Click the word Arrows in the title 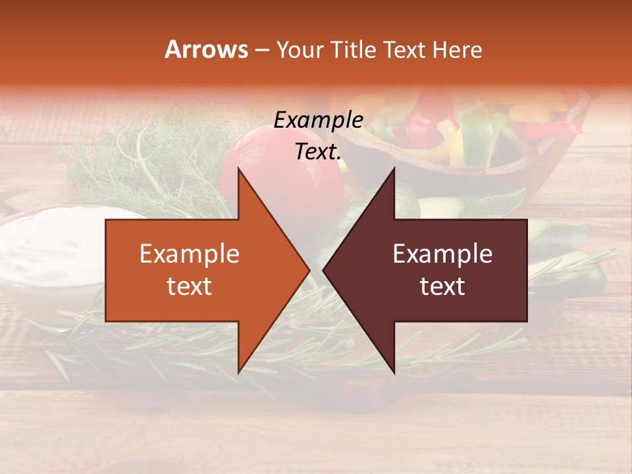206,49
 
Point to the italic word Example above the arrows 318,120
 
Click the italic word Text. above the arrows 318,151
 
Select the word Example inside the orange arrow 190,254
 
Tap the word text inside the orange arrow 190,286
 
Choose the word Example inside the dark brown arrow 442,254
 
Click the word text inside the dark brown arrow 442,286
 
